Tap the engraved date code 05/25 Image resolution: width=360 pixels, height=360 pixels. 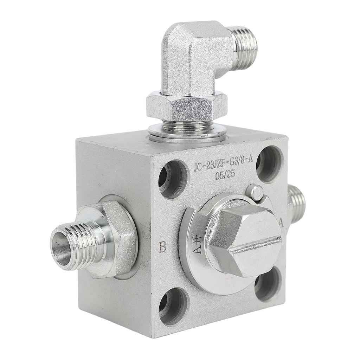click(x=225, y=174)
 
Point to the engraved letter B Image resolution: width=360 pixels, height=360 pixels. click(x=162, y=247)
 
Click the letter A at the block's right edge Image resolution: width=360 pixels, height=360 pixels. click(x=281, y=222)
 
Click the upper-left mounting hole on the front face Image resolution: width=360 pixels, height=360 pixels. click(x=173, y=179)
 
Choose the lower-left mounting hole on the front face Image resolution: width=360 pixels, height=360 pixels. click(x=173, y=306)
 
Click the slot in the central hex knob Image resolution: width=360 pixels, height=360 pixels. click(x=255, y=245)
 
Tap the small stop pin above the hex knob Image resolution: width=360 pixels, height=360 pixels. click(x=256, y=192)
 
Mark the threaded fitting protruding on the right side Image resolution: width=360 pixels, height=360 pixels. click(x=296, y=204)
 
